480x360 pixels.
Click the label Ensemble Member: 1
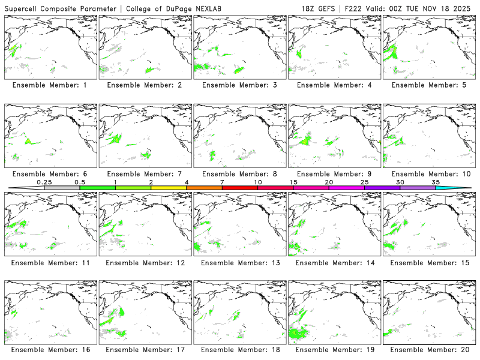49,85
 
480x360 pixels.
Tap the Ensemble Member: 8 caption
239,174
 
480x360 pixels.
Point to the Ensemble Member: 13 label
239,262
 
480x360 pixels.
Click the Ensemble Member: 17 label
144,350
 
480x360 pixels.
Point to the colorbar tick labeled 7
222,182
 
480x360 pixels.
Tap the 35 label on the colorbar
435,182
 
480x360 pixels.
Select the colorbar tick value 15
293,182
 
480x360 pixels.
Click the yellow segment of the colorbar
169,188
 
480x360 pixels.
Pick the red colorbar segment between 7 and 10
239,188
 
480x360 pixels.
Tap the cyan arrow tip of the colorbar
461,188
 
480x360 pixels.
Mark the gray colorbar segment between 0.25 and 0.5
62,188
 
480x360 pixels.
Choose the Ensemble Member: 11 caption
49,262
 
